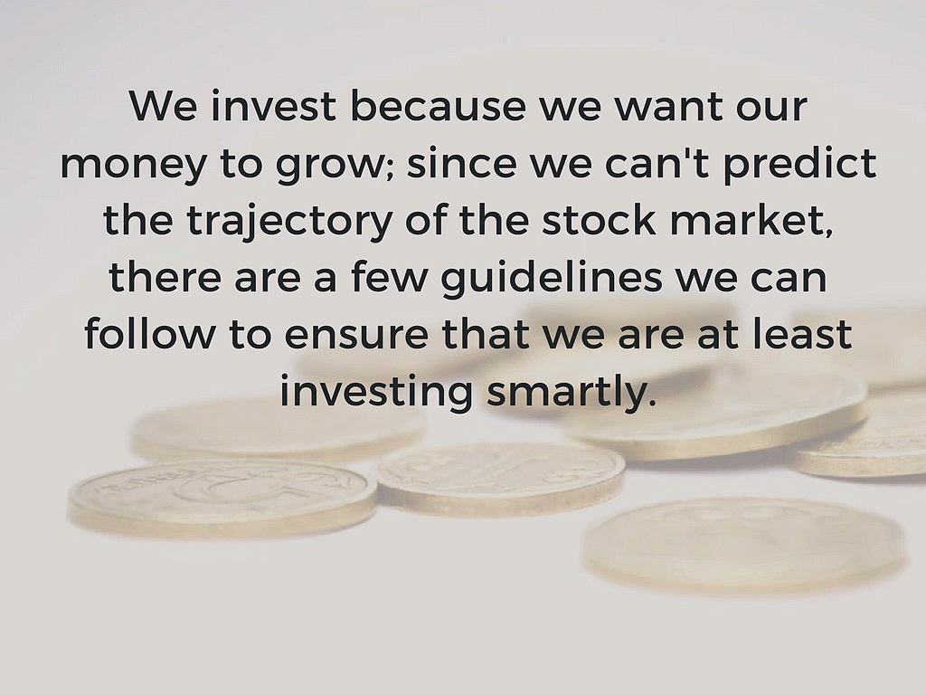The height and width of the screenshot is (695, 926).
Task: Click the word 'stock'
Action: [x=587, y=221]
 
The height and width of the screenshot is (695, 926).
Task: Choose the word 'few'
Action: [x=394, y=278]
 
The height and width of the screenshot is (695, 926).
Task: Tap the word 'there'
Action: [x=163, y=278]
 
